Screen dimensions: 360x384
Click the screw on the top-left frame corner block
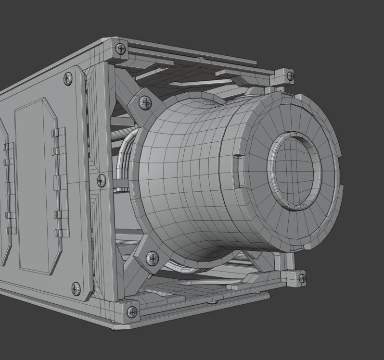point(120,49)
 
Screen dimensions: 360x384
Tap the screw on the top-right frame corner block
point(290,76)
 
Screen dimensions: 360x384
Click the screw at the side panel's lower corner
point(76,289)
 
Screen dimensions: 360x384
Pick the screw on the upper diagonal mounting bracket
point(145,102)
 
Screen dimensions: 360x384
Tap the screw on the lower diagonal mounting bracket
point(152,258)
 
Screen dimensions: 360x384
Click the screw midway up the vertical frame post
point(102,181)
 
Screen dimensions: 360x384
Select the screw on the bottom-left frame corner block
point(131,312)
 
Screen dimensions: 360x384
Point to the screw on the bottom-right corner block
point(302,278)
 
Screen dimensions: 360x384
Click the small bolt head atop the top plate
point(200,58)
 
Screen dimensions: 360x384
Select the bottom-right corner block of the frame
point(294,276)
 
